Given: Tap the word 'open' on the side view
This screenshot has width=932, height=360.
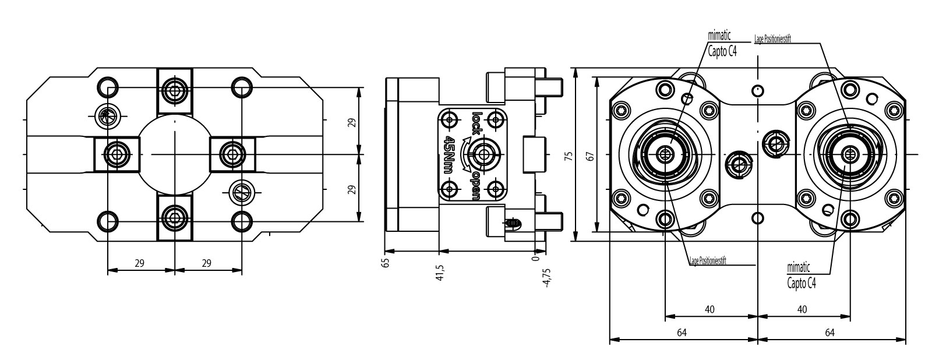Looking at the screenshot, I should tap(476, 186).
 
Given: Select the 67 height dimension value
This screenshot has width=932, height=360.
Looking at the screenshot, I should tap(590, 156).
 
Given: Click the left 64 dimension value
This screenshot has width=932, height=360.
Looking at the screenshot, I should tap(682, 333).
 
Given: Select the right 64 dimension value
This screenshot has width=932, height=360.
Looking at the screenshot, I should tap(830, 333).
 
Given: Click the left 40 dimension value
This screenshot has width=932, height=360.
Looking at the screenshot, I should tap(709, 309).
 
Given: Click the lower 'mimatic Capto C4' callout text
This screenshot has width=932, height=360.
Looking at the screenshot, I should tap(800, 276).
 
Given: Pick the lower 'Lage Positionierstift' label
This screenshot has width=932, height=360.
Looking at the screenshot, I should tap(707, 261).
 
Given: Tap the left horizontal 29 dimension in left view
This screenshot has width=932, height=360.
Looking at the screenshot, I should tap(140, 263).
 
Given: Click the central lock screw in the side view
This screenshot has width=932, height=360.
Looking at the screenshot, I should tap(483, 154).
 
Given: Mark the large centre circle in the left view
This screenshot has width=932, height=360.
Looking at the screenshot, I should tap(175, 154).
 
